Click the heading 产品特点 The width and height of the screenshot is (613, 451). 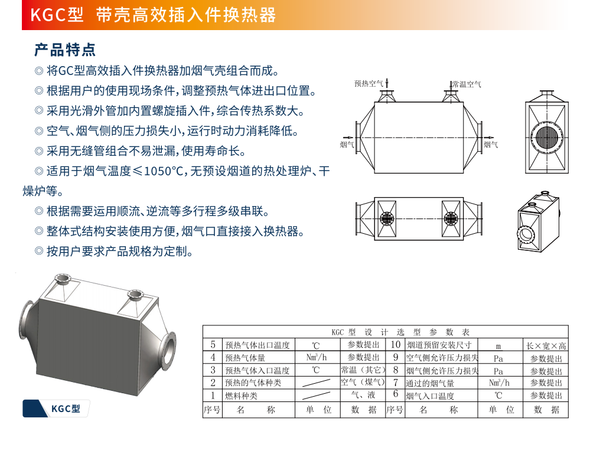[x=65, y=50]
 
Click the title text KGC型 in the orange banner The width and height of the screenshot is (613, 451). [x=57, y=15]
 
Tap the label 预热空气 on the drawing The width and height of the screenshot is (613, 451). [x=369, y=84]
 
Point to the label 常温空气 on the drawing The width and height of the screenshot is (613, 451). [x=467, y=84]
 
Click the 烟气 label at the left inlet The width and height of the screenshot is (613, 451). [x=347, y=145]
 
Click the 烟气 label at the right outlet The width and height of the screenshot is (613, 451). [x=491, y=145]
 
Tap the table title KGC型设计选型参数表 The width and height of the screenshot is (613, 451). [x=400, y=332]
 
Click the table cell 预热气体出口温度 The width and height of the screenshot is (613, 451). [x=257, y=345]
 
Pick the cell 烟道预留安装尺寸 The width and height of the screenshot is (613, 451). [x=439, y=345]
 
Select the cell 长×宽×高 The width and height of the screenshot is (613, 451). [x=546, y=346]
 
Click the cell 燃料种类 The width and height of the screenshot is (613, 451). [x=241, y=396]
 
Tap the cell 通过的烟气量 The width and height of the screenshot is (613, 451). [x=430, y=383]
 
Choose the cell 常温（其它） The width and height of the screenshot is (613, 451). [x=363, y=370]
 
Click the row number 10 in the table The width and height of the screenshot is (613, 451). [x=396, y=345]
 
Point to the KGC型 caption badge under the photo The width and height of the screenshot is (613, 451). [x=56, y=408]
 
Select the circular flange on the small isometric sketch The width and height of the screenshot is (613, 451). [x=526, y=235]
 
